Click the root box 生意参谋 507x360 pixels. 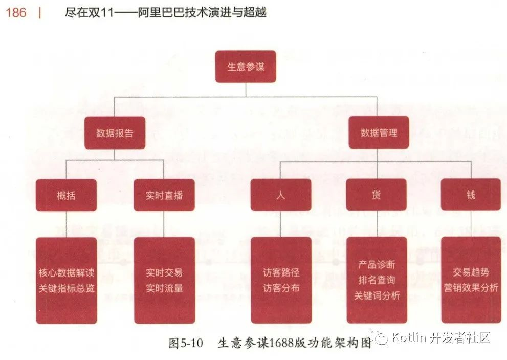point(246,67)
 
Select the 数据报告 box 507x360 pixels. point(115,133)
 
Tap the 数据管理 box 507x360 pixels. point(379,133)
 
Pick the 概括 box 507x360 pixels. point(66,195)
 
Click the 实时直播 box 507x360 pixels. point(164,195)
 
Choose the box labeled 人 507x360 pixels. point(281,195)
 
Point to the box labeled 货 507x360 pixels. point(376,195)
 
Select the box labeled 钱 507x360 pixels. point(471,195)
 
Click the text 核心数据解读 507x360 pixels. point(67,273)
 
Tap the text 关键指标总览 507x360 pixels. point(67,288)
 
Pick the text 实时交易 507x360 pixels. point(164,273)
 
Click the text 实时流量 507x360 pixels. point(164,288)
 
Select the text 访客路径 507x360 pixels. point(281,273)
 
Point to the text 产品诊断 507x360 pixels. point(377,265)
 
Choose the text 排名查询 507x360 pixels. point(377,280)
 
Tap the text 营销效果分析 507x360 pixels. point(471,288)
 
